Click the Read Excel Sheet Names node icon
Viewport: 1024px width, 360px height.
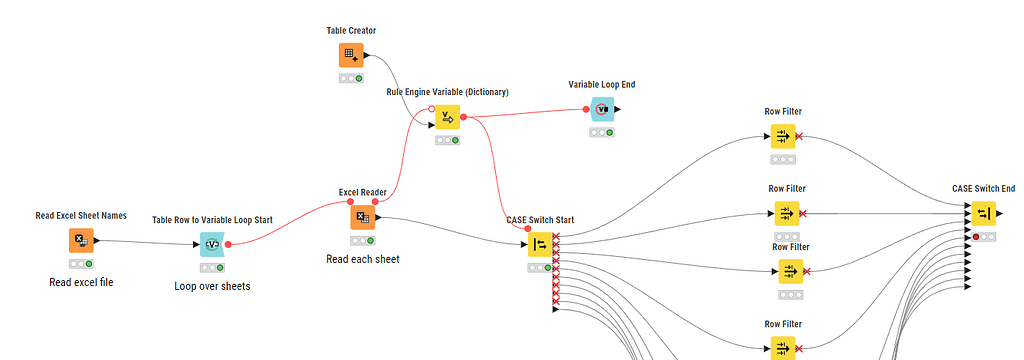pyautogui.click(x=81, y=240)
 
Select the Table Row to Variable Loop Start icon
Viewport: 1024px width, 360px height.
pyautogui.click(x=212, y=244)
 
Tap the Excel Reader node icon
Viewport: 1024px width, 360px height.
pyautogui.click(x=362, y=217)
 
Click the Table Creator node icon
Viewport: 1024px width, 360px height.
pyautogui.click(x=351, y=55)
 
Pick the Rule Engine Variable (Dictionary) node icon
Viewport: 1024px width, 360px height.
pyautogui.click(x=447, y=117)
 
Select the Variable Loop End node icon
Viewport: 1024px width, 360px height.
pyautogui.click(x=601, y=110)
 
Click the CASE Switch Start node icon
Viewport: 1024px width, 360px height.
pyautogui.click(x=540, y=245)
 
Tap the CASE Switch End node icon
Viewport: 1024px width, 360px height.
pyautogui.click(x=983, y=214)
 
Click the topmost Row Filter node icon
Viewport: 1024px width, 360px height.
pyautogui.click(x=783, y=137)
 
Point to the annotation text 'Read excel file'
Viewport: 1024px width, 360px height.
pyautogui.click(x=81, y=282)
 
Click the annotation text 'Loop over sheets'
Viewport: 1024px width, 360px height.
pyautogui.click(x=212, y=285)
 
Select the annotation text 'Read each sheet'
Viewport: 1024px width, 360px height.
pyautogui.click(x=362, y=259)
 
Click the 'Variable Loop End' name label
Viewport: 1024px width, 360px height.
pyautogui.click(x=601, y=85)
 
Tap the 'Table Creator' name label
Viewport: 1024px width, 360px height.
pyautogui.click(x=351, y=32)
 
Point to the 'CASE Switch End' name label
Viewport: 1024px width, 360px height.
pyautogui.click(x=983, y=188)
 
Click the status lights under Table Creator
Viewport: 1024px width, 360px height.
pyautogui.click(x=351, y=78)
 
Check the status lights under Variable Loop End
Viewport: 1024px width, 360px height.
pyautogui.click(x=601, y=132)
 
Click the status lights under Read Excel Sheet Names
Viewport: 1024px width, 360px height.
pyautogui.click(x=81, y=263)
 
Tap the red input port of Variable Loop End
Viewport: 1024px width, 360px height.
pyautogui.click(x=587, y=109)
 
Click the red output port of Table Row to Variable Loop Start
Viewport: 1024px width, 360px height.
pyautogui.click(x=228, y=243)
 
